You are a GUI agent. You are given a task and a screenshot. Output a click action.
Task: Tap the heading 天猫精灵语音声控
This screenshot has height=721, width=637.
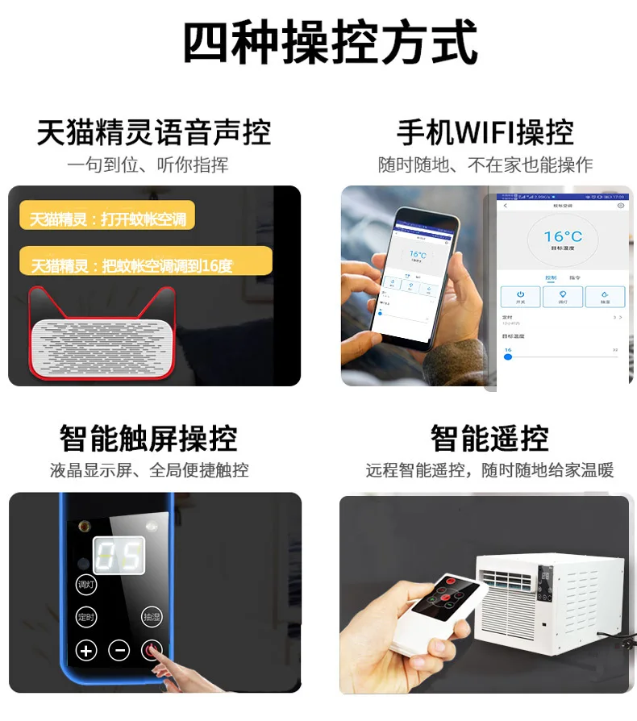(x=153, y=132)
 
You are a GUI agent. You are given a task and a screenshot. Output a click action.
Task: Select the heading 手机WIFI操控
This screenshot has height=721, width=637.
(x=485, y=132)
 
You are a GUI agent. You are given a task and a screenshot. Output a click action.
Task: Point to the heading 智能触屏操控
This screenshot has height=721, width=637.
(x=148, y=439)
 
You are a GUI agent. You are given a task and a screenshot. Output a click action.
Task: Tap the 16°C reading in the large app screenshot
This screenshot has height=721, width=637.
(x=562, y=237)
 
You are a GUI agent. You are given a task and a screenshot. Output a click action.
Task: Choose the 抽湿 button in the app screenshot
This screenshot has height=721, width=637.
(x=606, y=296)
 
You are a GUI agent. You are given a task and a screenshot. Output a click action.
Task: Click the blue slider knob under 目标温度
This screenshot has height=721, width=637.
(x=508, y=356)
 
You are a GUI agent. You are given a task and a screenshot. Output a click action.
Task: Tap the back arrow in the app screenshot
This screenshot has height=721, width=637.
(x=506, y=206)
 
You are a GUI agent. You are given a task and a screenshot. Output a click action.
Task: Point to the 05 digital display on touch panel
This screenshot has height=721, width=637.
(x=119, y=556)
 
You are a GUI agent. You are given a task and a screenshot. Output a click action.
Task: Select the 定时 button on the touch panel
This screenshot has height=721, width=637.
(x=86, y=617)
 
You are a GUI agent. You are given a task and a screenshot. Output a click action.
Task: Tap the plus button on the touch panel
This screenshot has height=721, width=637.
(x=86, y=650)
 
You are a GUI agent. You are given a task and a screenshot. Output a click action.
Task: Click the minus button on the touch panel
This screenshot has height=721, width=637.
(x=119, y=650)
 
